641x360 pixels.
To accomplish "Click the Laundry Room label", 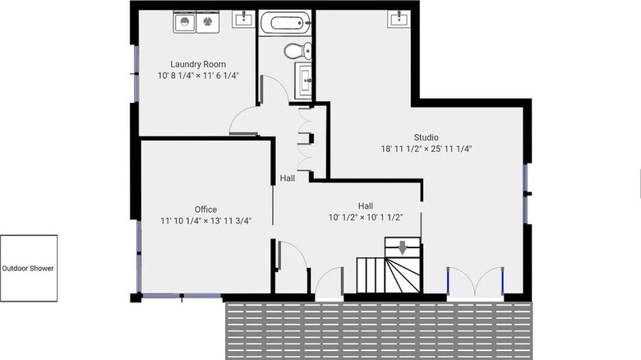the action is coord(198,64).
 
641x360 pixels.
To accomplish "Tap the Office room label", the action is coord(205,210).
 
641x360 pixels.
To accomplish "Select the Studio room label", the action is coord(426,137).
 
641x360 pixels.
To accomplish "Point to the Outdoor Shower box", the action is coord(29,269).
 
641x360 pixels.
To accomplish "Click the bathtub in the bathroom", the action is coord(286,22).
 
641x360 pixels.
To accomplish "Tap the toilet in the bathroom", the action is coord(297,51).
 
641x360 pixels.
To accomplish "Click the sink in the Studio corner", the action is coord(399,18).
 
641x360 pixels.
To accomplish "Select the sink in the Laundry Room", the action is coord(243,19).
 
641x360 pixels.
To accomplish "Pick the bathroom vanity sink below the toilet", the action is coord(303,80).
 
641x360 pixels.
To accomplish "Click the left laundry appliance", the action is coord(184,22).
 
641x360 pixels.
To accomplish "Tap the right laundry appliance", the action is coord(208,22).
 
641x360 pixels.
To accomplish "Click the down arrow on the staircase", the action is coord(403,247).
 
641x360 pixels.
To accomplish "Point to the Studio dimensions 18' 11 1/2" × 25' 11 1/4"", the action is coord(427,149).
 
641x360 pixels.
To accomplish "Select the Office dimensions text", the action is coord(205,221).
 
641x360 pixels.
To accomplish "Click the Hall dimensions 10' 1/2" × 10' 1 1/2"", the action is coord(366,217).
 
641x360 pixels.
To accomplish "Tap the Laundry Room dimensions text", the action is coord(198,76).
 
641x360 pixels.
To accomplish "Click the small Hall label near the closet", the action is coord(288,178).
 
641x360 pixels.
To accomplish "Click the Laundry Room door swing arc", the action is coord(237,117).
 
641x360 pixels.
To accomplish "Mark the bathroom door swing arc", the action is coord(280,84).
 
